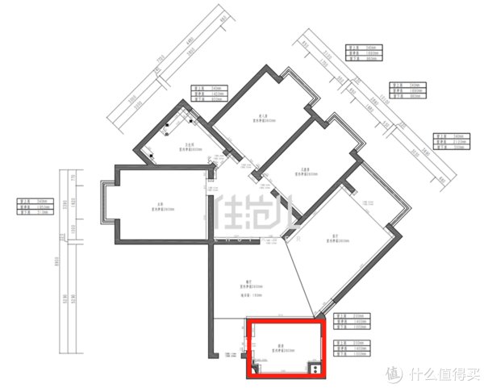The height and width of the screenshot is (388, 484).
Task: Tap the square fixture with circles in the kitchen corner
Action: coord(315,369)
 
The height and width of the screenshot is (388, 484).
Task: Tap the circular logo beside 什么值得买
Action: coord(393,374)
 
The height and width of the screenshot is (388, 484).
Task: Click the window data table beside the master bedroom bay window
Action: coord(35,208)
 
